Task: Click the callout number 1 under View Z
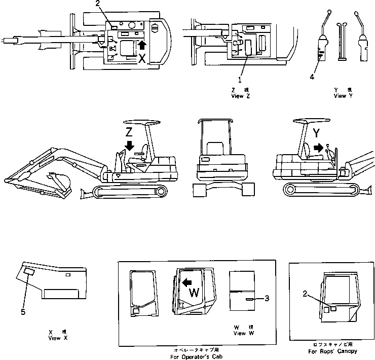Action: pyautogui.click(x=240, y=80)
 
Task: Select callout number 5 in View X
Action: pyautogui.click(x=23, y=312)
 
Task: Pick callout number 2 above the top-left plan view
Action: pyautogui.click(x=105, y=5)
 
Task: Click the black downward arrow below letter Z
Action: pyautogui.click(x=130, y=146)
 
